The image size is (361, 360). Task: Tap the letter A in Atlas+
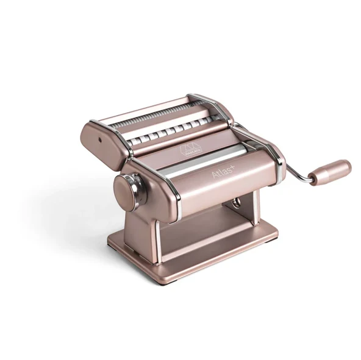[x=213, y=177]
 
